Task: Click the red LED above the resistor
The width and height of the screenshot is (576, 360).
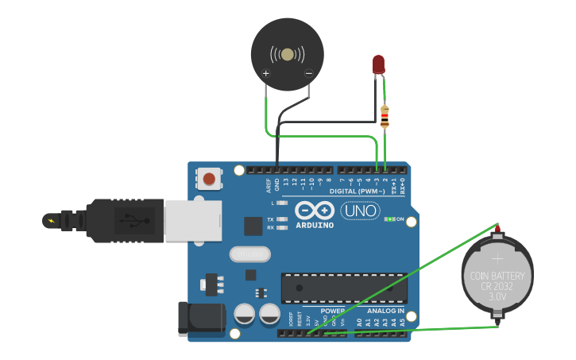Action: [378, 64]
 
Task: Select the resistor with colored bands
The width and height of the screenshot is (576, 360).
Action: [385, 117]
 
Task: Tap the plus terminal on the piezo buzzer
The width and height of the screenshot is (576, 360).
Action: [265, 74]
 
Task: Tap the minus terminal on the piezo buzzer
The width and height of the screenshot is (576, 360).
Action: [308, 74]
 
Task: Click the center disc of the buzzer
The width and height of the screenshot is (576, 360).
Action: [288, 54]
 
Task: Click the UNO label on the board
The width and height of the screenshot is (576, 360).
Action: [360, 211]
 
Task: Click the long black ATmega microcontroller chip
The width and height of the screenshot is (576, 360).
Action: [344, 288]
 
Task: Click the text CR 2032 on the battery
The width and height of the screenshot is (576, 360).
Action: [497, 286]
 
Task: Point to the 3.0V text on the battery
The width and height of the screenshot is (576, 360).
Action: [497, 296]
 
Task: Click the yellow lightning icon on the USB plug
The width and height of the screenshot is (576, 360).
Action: [52, 220]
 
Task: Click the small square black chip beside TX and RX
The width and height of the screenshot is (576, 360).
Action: [253, 226]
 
